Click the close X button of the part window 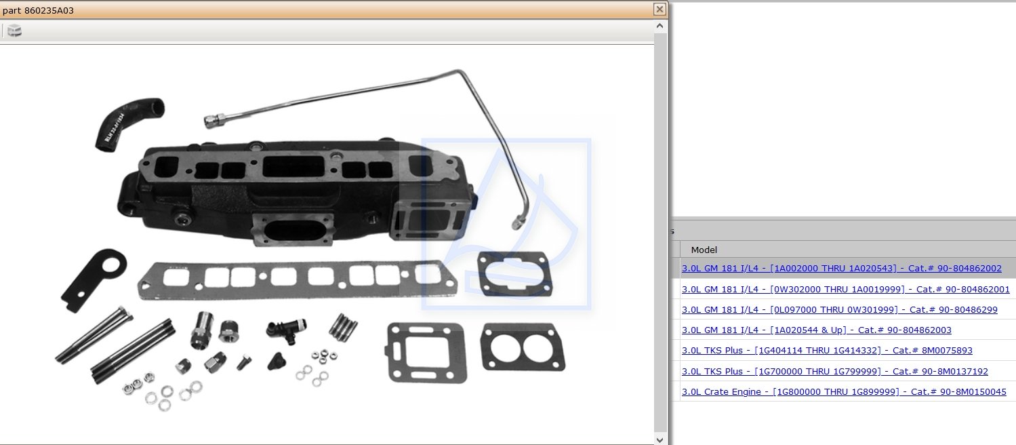[659, 9]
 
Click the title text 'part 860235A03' [38, 10]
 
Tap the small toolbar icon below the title [14, 31]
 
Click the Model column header [704, 250]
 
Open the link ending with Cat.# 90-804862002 [841, 269]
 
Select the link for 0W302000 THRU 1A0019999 [845, 289]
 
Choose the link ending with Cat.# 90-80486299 [840, 310]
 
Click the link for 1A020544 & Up [817, 330]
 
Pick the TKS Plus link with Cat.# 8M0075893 [827, 351]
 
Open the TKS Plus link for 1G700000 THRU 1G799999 [834, 372]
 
